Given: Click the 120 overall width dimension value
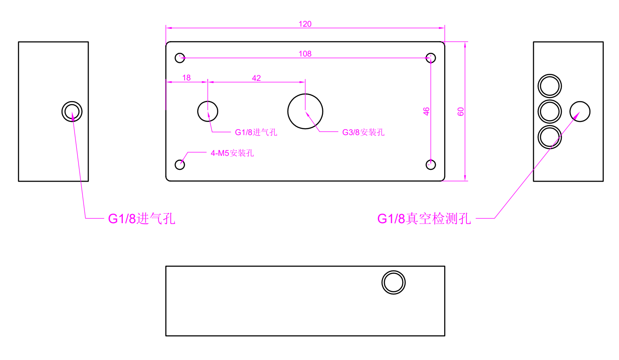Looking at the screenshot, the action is pyautogui.click(x=305, y=24).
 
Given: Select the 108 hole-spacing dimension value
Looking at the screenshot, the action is pyautogui.click(x=305, y=54).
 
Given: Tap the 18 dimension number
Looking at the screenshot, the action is pyautogui.click(x=186, y=78).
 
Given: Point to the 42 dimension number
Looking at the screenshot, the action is pyautogui.click(x=256, y=78).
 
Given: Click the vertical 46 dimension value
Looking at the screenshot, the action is pyautogui.click(x=426, y=112).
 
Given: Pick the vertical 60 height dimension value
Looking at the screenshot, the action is pyautogui.click(x=461, y=112).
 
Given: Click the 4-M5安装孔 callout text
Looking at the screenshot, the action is pyautogui.click(x=232, y=153).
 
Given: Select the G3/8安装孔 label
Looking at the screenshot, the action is pyautogui.click(x=363, y=132).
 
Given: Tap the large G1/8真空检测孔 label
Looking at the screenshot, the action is pyautogui.click(x=424, y=219).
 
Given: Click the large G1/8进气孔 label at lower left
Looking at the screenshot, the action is pyautogui.click(x=141, y=219).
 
